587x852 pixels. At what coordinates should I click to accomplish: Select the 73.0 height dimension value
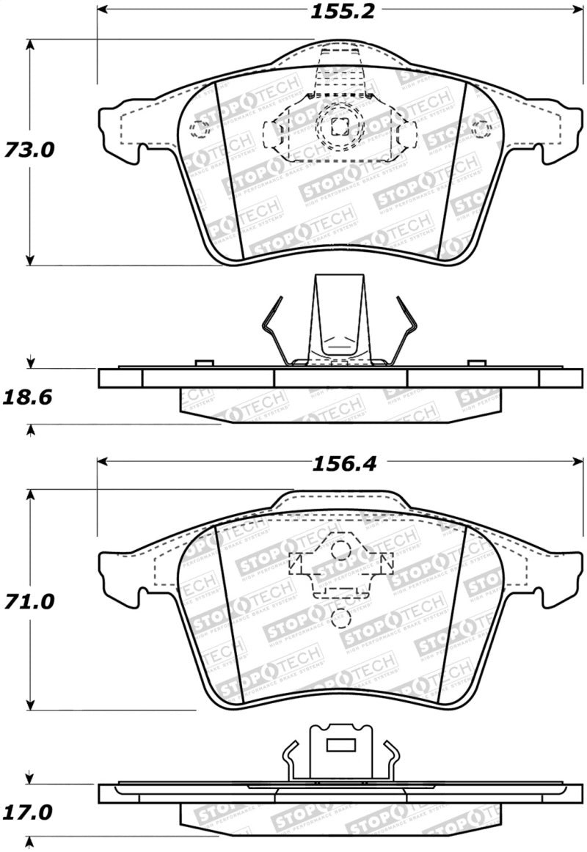pyautogui.click(x=29, y=150)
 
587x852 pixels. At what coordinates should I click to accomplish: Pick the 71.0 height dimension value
pyautogui.click(x=29, y=603)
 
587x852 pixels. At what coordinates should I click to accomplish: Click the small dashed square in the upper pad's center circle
pyautogui.click(x=339, y=127)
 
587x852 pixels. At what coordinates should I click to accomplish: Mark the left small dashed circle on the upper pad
pyautogui.click(x=198, y=130)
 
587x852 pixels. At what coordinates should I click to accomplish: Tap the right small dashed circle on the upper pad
pyautogui.click(x=481, y=129)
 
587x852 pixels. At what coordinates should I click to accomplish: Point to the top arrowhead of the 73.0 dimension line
pyautogui.click(x=29, y=43)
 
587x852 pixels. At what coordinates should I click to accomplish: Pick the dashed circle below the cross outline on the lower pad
pyautogui.click(x=340, y=618)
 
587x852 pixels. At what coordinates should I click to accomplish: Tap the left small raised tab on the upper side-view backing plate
pyautogui.click(x=203, y=363)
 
